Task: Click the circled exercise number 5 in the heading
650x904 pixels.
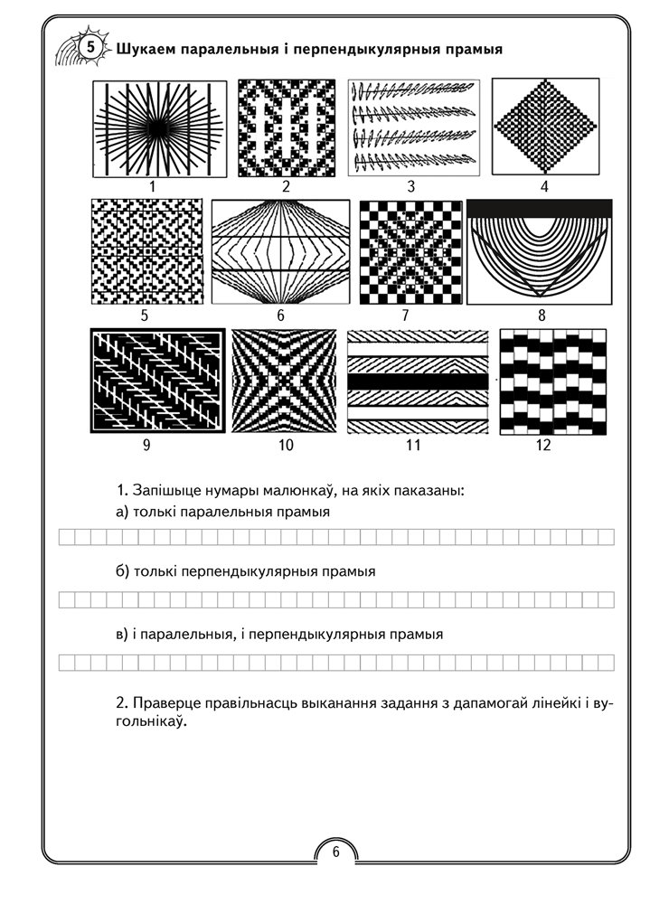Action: [90, 46]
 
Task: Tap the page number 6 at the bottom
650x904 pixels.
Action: [334, 851]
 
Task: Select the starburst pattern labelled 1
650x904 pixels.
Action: [152, 128]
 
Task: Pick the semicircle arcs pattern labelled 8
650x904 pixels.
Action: [540, 252]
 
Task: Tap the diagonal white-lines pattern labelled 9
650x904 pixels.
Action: [157, 381]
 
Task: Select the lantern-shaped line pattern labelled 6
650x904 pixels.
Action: [280, 250]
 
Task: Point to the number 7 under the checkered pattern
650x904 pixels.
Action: [405, 315]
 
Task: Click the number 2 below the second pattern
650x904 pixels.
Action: [286, 187]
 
